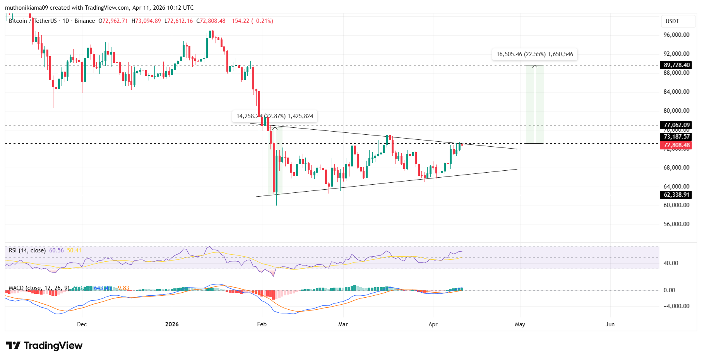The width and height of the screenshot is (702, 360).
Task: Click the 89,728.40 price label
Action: [676, 65]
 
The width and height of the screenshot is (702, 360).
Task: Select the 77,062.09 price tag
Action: [676, 125]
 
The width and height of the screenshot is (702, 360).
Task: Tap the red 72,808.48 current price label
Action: [676, 146]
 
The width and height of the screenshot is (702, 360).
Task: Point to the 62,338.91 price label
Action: [676, 195]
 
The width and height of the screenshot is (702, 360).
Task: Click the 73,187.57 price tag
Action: [676, 137]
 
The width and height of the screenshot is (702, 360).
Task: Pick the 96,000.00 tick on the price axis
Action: [676, 35]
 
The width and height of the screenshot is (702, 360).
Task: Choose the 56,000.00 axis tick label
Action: [676, 224]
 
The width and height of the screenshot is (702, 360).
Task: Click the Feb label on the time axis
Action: [262, 324]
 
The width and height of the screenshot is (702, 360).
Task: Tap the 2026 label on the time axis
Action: [172, 324]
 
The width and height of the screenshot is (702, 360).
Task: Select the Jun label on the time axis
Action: [610, 324]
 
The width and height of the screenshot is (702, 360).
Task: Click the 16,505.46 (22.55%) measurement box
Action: [534, 54]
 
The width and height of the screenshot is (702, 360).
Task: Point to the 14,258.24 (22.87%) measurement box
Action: [275, 116]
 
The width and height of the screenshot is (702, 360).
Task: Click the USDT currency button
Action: [672, 21]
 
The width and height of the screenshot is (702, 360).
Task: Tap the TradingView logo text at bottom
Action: [45, 345]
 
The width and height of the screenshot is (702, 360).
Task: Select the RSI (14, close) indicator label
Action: [27, 250]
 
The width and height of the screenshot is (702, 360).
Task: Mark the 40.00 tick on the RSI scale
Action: [671, 263]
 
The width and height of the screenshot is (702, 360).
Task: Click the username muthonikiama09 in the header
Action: [27, 8]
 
